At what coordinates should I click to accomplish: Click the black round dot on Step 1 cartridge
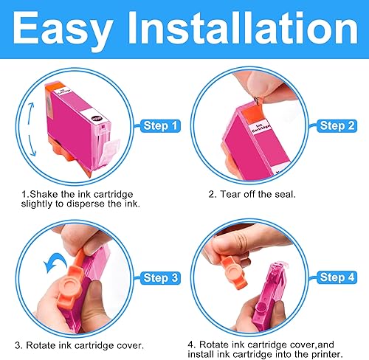point(96,117)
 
